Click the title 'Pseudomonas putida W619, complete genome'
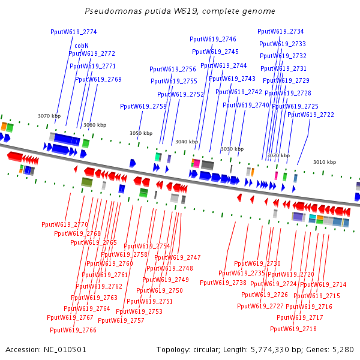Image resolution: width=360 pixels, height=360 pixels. pyautogui.click(x=180, y=11)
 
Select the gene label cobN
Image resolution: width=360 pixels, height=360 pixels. pyautogui.click(x=82, y=45)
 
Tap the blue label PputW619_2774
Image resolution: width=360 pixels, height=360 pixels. pyautogui.click(x=73, y=32)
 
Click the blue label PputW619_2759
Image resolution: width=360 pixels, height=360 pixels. pyautogui.click(x=143, y=106)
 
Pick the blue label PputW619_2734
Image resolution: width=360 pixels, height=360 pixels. pyautogui.click(x=281, y=31)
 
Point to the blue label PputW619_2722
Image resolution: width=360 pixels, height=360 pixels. pyautogui.click(x=311, y=115)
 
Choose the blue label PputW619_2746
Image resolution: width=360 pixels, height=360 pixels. pyautogui.click(x=213, y=39)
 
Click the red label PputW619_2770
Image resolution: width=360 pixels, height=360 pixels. pyautogui.click(x=65, y=224)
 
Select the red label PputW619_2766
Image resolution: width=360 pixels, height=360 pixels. pyautogui.click(x=73, y=330)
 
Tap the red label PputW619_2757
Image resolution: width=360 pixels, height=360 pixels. pyautogui.click(x=121, y=320)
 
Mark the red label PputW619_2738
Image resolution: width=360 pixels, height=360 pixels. pyautogui.click(x=223, y=283)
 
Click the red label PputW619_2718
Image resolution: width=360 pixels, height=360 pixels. pyautogui.click(x=293, y=329)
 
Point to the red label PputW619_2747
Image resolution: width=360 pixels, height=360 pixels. pyautogui.click(x=178, y=257)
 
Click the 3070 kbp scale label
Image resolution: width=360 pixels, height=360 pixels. pyautogui.click(x=49, y=116)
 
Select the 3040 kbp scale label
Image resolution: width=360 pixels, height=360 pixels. pyautogui.click(x=187, y=142)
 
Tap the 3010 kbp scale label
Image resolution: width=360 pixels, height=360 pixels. pyautogui.click(x=325, y=162)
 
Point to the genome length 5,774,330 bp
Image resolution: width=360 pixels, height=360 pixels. pyautogui.click(x=275, y=349)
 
